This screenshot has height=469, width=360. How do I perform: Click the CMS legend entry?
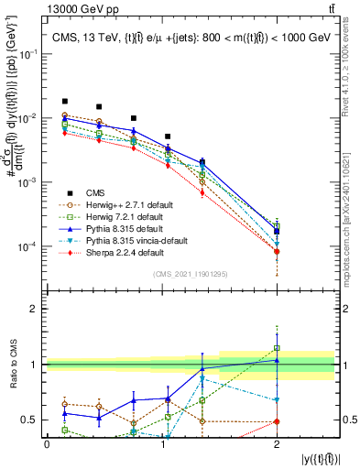[x=95, y=191]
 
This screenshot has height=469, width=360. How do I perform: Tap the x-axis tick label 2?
[x=277, y=443]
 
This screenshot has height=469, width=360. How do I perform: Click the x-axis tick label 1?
[x=162, y=443]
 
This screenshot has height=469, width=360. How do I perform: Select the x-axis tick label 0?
[x=47, y=443]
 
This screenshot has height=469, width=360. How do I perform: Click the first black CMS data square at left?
[x=64, y=101]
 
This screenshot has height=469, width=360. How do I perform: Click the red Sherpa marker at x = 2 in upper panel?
[x=277, y=251]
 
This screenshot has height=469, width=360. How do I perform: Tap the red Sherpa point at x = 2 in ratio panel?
[x=277, y=421]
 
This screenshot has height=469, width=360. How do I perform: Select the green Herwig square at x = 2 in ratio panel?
[x=277, y=348]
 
